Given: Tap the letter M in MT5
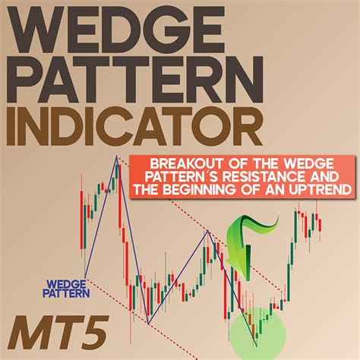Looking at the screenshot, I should click(28, 332).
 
